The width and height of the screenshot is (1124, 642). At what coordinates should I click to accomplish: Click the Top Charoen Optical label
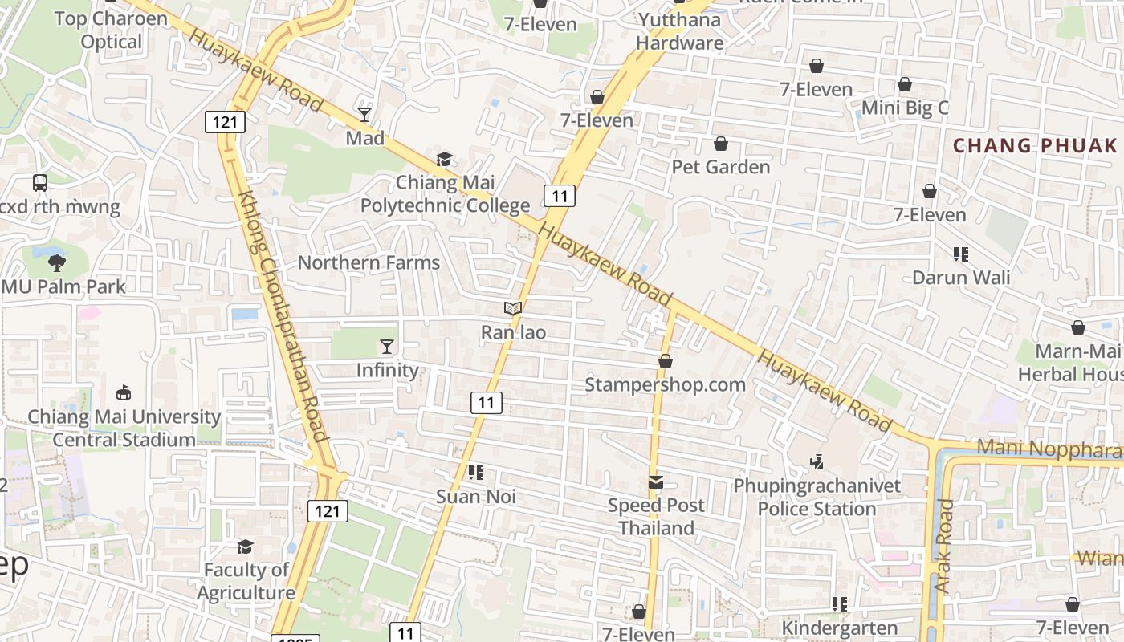[x=111, y=30]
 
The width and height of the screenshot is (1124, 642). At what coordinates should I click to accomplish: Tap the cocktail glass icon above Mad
[x=364, y=115]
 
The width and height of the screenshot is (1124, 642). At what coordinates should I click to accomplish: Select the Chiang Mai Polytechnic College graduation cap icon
[x=444, y=160]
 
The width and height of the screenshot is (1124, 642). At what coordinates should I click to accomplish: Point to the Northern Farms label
[x=369, y=262]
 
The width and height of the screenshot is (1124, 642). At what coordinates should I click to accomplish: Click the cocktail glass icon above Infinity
[x=387, y=347]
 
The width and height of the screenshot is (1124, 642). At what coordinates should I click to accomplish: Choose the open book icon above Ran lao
[x=513, y=308]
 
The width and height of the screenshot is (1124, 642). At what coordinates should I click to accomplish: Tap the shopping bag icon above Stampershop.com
[x=666, y=362]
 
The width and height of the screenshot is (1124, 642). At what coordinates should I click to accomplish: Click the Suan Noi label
[x=476, y=497]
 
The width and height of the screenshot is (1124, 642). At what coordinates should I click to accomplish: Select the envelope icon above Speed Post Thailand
[x=656, y=482]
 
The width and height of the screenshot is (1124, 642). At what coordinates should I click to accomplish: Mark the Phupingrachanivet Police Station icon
[x=817, y=461]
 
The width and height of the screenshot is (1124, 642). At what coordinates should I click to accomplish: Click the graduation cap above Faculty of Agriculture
[x=246, y=547]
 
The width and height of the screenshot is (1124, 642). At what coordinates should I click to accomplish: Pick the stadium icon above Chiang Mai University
[x=124, y=393]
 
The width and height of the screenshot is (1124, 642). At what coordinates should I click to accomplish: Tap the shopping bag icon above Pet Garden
[x=721, y=144]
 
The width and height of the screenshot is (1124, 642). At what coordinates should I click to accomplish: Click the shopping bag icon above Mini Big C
[x=905, y=84]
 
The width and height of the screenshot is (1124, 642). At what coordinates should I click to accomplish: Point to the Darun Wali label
[x=960, y=278]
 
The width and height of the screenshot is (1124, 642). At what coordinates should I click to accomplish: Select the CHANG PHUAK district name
[x=1035, y=145]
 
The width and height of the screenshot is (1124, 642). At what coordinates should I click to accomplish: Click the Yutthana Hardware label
[x=680, y=31]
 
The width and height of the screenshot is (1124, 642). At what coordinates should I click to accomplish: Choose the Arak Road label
[x=944, y=547]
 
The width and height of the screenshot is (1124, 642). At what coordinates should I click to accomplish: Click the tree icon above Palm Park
[x=56, y=262]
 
